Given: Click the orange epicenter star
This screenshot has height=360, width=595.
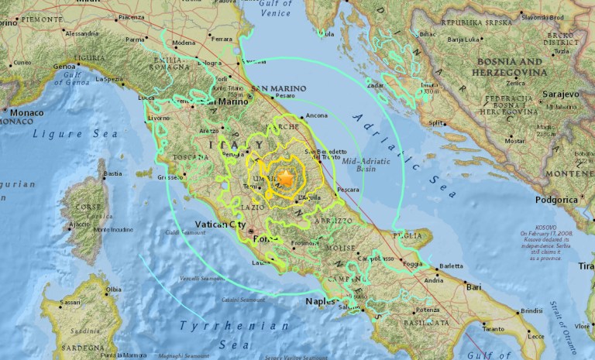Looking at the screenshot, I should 287,178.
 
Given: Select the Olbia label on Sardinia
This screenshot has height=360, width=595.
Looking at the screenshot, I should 113,289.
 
